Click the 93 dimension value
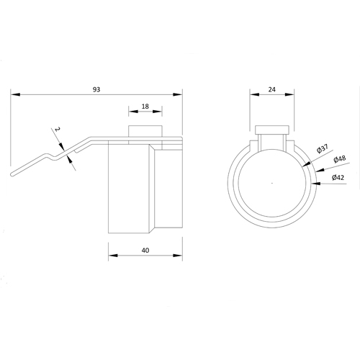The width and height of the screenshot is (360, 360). pyautogui.click(x=96, y=89)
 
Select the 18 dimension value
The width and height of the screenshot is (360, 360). pyautogui.click(x=145, y=107)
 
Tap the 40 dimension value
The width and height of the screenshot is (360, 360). pyautogui.click(x=145, y=251)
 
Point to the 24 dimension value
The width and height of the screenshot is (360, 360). pyautogui.click(x=272, y=89)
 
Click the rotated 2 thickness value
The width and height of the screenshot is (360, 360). pyautogui.click(x=57, y=130)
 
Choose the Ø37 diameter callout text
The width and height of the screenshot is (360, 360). pyautogui.click(x=323, y=148)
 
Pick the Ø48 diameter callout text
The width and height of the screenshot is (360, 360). pyautogui.click(x=339, y=159)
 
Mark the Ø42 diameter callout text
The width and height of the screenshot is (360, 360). pyautogui.click(x=338, y=178)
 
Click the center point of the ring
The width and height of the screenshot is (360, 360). pyautogui.click(x=272, y=183)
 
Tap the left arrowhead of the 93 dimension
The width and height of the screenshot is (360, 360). pyautogui.click(x=15, y=94)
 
